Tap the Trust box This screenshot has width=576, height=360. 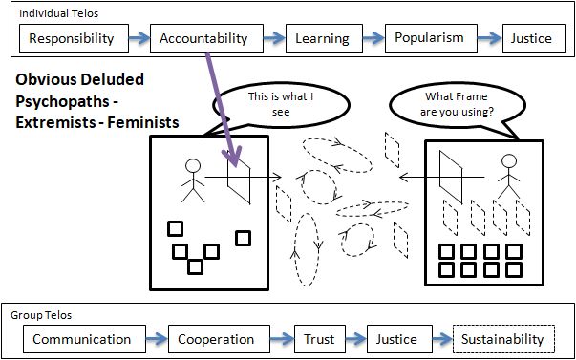point(320,339)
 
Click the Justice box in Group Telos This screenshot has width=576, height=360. point(396,339)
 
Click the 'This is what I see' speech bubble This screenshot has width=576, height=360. point(281,104)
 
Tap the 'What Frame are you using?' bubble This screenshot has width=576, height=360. point(454,105)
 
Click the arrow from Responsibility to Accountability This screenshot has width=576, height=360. point(139,38)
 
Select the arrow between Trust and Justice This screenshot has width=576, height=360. point(356,339)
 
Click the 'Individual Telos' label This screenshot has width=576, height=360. point(58,14)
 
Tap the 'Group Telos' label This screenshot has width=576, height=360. point(41,315)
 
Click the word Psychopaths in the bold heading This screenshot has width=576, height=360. point(62,101)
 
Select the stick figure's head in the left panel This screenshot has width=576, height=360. point(193,166)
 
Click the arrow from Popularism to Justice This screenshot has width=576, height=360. point(490,38)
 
